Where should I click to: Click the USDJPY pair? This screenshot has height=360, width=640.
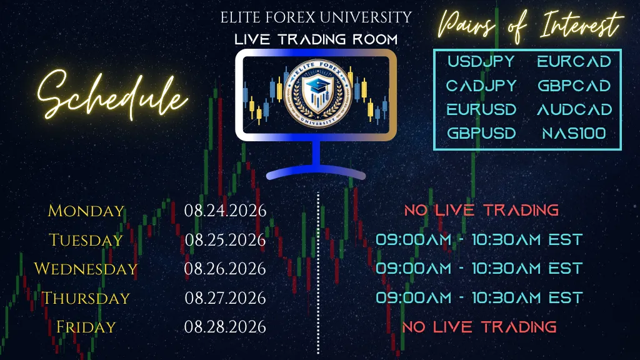click(x=481, y=62)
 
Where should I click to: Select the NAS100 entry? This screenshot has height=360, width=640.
click(x=574, y=134)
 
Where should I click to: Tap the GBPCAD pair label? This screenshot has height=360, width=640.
click(x=574, y=86)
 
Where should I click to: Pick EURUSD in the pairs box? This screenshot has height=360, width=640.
click(x=481, y=109)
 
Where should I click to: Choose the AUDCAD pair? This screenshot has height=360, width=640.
click(x=574, y=109)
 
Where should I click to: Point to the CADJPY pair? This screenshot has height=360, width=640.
click(x=481, y=86)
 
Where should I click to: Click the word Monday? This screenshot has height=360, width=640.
click(x=86, y=211)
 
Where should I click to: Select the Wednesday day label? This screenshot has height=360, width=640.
click(x=86, y=269)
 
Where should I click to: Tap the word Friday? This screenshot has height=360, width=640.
click(x=86, y=327)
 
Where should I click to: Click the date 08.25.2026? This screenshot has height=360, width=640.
click(x=225, y=240)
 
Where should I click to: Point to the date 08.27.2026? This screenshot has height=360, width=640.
click(x=225, y=298)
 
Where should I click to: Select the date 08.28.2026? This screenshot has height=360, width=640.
click(x=225, y=327)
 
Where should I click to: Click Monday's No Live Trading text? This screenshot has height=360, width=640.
click(x=481, y=210)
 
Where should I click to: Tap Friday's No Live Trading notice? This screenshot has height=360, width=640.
click(x=479, y=327)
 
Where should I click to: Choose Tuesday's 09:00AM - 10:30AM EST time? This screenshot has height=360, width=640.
click(x=479, y=239)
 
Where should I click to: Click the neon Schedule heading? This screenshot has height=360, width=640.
click(x=112, y=96)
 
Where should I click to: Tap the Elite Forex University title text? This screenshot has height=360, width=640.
click(x=316, y=17)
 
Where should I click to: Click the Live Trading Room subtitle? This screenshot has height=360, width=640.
click(x=316, y=39)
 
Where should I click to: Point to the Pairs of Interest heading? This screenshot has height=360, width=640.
click(x=530, y=24)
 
